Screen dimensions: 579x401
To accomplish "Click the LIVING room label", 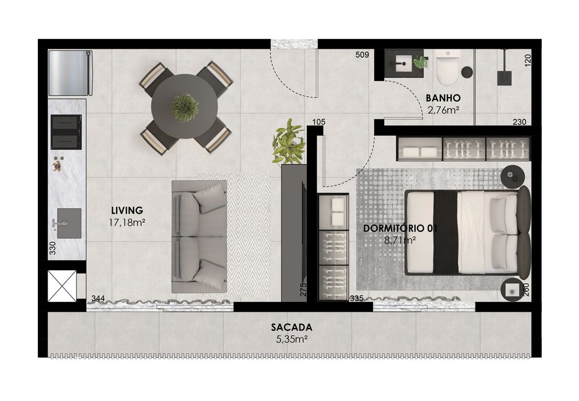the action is coord(127,210).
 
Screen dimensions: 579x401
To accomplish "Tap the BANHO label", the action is coord(443,98).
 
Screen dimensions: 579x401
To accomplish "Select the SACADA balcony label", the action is coord(291,327).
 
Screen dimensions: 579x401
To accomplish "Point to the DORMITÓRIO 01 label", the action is coord(400,228).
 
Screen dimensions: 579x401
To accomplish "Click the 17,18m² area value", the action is coord(127,222).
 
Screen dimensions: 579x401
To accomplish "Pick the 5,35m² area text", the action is coord(291,339).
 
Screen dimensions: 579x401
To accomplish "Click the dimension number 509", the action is coord(362,55).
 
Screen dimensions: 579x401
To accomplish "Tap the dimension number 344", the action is coord(98,298).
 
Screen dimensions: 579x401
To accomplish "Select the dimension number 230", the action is coord(519,122).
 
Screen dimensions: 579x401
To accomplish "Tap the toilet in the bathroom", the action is coord(448,66).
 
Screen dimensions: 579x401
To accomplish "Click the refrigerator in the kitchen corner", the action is coord(70,73).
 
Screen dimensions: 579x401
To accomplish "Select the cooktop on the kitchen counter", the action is coord(66,132).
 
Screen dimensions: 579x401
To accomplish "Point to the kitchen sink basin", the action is coord(69,223).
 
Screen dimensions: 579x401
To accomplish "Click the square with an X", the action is coord(62,286).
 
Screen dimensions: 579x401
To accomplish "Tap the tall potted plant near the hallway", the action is coord(289,141).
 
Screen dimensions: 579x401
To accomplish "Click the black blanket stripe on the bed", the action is coord(445,232).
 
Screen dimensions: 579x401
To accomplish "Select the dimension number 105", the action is coord(319,122).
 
